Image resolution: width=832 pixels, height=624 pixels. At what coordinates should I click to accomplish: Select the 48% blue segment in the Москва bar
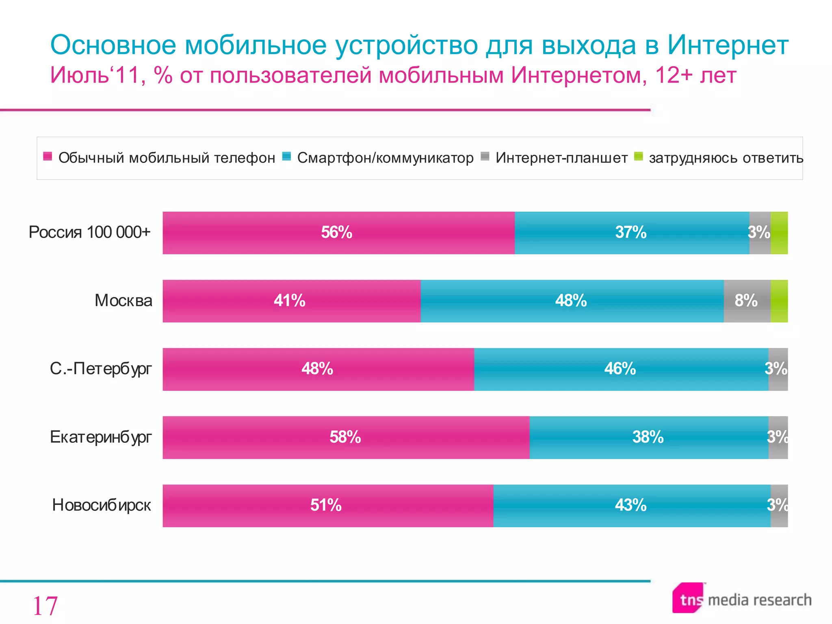pyautogui.click(x=572, y=301)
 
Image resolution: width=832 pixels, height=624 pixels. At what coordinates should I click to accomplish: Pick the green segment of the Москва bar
pyautogui.click(x=779, y=301)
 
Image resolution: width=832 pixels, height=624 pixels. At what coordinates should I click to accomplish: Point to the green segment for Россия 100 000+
pyautogui.click(x=779, y=233)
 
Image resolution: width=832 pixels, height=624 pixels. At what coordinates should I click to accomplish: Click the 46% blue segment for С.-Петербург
pyautogui.click(x=621, y=369)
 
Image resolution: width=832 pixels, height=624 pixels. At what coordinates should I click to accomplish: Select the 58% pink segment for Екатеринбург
pyautogui.click(x=346, y=438)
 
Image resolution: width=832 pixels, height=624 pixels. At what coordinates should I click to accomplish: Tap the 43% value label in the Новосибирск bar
pyautogui.click(x=630, y=505)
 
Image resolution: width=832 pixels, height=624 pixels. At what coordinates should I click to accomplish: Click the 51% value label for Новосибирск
pyautogui.click(x=326, y=505)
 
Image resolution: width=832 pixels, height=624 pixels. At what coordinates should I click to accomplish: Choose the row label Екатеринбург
pyautogui.click(x=101, y=437)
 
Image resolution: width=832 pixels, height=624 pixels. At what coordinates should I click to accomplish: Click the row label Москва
pyautogui.click(x=123, y=301)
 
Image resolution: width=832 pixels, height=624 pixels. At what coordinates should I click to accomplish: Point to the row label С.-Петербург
pyautogui.click(x=101, y=369)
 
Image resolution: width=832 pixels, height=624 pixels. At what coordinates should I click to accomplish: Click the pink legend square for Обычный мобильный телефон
pyautogui.click(x=48, y=156)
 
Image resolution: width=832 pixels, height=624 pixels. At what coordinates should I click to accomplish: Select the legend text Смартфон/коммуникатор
pyautogui.click(x=385, y=158)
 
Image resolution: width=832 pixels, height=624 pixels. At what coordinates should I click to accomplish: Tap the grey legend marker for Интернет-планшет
pyautogui.click(x=485, y=156)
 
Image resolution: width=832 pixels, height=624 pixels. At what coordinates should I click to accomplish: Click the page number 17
pyautogui.click(x=45, y=606)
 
